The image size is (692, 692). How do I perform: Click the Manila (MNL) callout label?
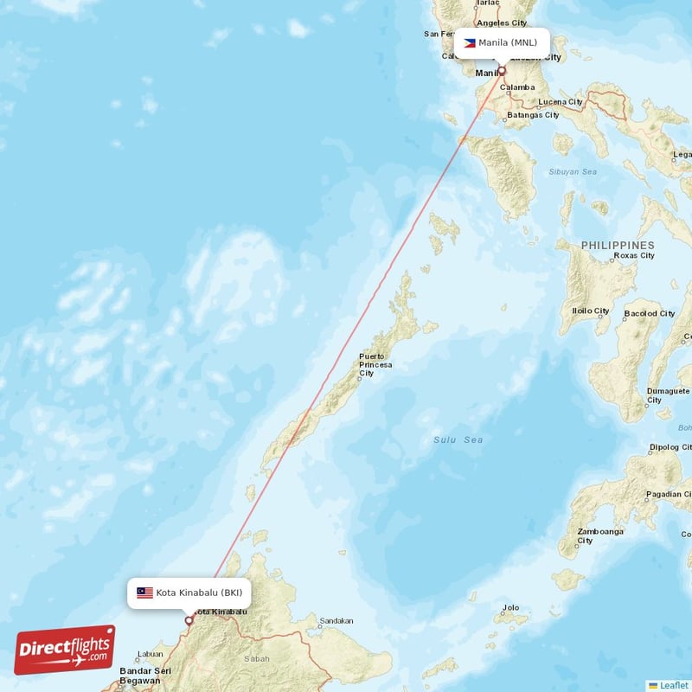(x=501, y=42)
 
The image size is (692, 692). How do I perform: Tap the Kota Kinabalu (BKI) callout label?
(x=190, y=593)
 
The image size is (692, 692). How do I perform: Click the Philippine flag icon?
(x=469, y=42)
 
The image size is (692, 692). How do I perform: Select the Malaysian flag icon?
(x=144, y=593)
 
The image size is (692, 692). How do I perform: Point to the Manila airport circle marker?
(x=501, y=71)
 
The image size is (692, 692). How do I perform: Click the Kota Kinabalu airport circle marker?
(x=189, y=620)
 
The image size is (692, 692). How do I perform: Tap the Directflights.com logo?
(x=65, y=650)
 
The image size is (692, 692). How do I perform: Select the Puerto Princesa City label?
(x=375, y=364)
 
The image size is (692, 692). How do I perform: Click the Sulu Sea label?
(x=458, y=440)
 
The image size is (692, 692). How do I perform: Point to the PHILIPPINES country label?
(x=618, y=246)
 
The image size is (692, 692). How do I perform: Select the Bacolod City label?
(x=649, y=313)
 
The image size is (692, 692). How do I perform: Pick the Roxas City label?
(x=633, y=256)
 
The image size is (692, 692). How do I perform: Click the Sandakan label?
(x=336, y=621)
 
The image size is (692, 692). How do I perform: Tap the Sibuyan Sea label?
(x=573, y=172)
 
